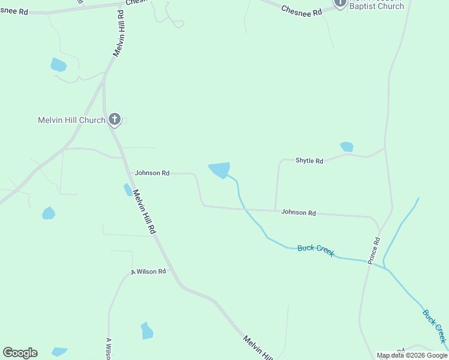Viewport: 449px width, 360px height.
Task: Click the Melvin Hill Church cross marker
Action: (x=114, y=119)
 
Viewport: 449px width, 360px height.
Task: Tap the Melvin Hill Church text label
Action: (x=71, y=120)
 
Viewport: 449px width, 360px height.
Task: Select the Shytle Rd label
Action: (x=309, y=161)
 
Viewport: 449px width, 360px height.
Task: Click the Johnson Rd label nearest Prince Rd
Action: (x=298, y=212)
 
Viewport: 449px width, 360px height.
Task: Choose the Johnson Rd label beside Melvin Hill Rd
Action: (x=152, y=173)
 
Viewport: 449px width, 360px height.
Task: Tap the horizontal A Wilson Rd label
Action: (x=148, y=272)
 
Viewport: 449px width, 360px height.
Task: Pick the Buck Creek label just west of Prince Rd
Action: (x=316, y=250)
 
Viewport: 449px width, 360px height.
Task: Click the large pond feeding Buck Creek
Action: (x=220, y=169)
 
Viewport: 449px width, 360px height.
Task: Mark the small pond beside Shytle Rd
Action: (x=347, y=146)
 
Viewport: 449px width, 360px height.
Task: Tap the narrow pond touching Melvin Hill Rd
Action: (x=128, y=190)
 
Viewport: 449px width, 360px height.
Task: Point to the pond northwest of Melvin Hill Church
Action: (x=58, y=64)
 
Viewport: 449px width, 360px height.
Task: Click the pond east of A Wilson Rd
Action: (x=147, y=331)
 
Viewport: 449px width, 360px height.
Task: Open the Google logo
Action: (x=20, y=353)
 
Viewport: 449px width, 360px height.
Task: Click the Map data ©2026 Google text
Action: (x=412, y=355)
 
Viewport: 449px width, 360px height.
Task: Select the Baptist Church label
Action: (x=376, y=6)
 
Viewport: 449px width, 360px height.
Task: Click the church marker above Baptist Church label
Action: (x=340, y=2)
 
